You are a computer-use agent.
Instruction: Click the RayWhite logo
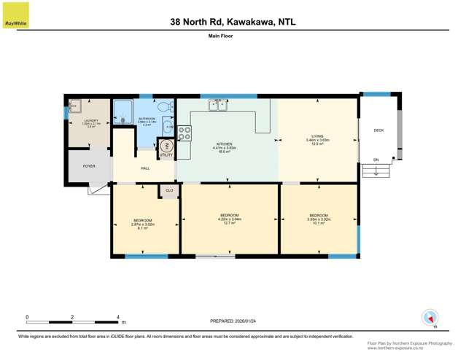[x=15, y=15]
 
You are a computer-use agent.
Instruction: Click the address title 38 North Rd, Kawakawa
[x=233, y=22]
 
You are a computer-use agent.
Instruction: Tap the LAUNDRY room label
[x=91, y=122]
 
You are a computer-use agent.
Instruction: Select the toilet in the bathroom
[x=164, y=106]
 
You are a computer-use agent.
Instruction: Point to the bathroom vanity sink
[x=167, y=127]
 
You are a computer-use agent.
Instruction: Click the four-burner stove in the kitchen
[x=185, y=133]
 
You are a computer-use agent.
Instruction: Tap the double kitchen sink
[x=217, y=106]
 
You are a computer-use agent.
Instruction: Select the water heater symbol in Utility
[x=166, y=145]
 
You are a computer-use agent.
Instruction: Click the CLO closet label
[x=169, y=191]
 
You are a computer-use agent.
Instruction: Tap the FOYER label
[x=89, y=166]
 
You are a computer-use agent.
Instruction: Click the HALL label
[x=135, y=168]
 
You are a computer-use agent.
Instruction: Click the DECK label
[x=378, y=130]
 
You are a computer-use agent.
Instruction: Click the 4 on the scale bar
[x=117, y=317]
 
